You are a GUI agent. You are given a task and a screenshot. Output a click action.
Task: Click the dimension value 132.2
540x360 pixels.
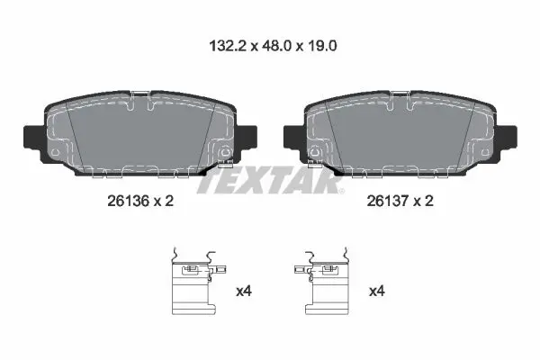228,46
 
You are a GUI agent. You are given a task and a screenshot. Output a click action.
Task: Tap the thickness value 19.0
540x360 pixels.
321,46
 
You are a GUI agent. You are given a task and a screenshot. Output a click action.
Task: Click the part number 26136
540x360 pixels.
128,201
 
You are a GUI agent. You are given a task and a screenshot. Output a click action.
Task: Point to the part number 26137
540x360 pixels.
387,201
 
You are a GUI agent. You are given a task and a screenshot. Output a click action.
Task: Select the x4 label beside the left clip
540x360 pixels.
244,292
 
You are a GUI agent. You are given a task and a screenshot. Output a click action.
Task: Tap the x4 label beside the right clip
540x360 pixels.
377,292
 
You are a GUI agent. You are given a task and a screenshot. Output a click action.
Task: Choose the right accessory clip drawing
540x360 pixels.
322,281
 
